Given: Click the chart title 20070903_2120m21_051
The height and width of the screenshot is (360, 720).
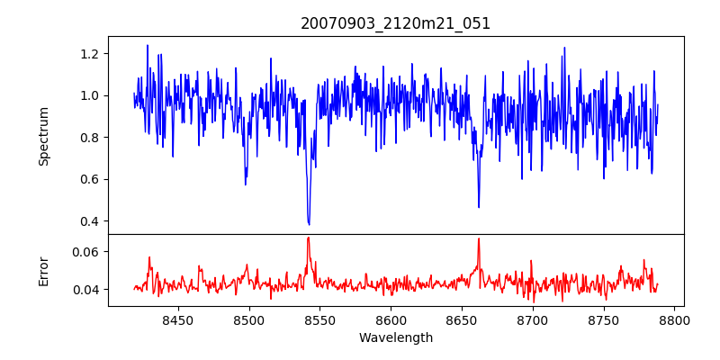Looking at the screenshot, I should (x=396, y=23).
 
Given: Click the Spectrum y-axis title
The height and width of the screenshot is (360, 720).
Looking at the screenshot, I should (x=44, y=136).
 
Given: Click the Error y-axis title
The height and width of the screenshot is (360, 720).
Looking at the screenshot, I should (x=44, y=270).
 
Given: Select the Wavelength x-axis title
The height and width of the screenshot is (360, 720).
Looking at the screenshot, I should (x=396, y=338).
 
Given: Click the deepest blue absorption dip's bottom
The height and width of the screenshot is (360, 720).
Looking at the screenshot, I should (x=309, y=224).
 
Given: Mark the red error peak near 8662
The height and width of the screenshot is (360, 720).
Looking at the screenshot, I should (x=479, y=238).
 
